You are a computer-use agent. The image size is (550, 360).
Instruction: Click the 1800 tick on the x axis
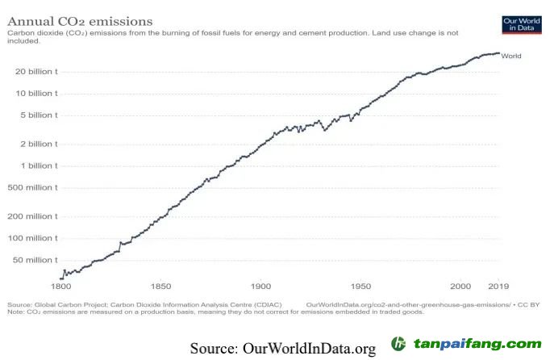(x=61, y=287)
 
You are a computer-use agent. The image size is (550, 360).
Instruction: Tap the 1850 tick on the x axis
(x=160, y=287)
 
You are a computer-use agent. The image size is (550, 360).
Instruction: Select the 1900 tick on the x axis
(x=260, y=287)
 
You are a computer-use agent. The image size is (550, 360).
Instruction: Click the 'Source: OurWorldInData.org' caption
(x=283, y=348)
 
